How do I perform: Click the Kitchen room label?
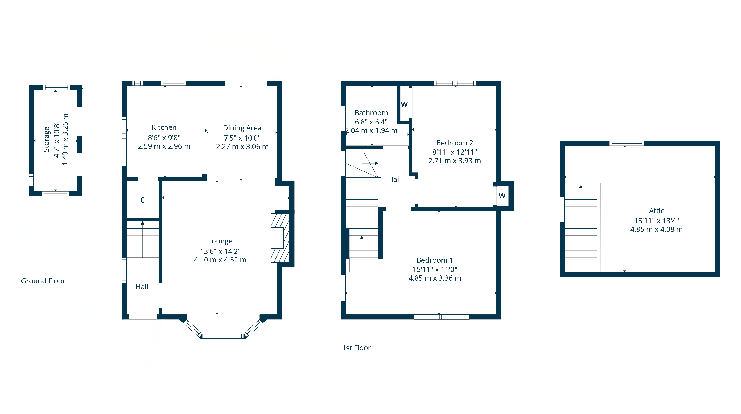(164, 127)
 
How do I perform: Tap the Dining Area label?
(242, 128)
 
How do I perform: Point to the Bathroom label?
(371, 113)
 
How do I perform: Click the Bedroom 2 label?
(454, 143)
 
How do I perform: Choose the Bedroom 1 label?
(435, 260)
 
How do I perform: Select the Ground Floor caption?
(43, 281)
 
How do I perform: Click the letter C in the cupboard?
(142, 200)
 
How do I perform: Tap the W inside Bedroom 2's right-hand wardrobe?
(502, 196)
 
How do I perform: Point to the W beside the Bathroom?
(404, 105)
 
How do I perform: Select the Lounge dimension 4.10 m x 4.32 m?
(220, 260)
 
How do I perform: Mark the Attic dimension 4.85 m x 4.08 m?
(656, 229)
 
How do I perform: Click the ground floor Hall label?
(142, 287)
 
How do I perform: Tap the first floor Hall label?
(394, 179)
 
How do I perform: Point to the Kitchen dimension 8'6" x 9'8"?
(164, 138)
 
